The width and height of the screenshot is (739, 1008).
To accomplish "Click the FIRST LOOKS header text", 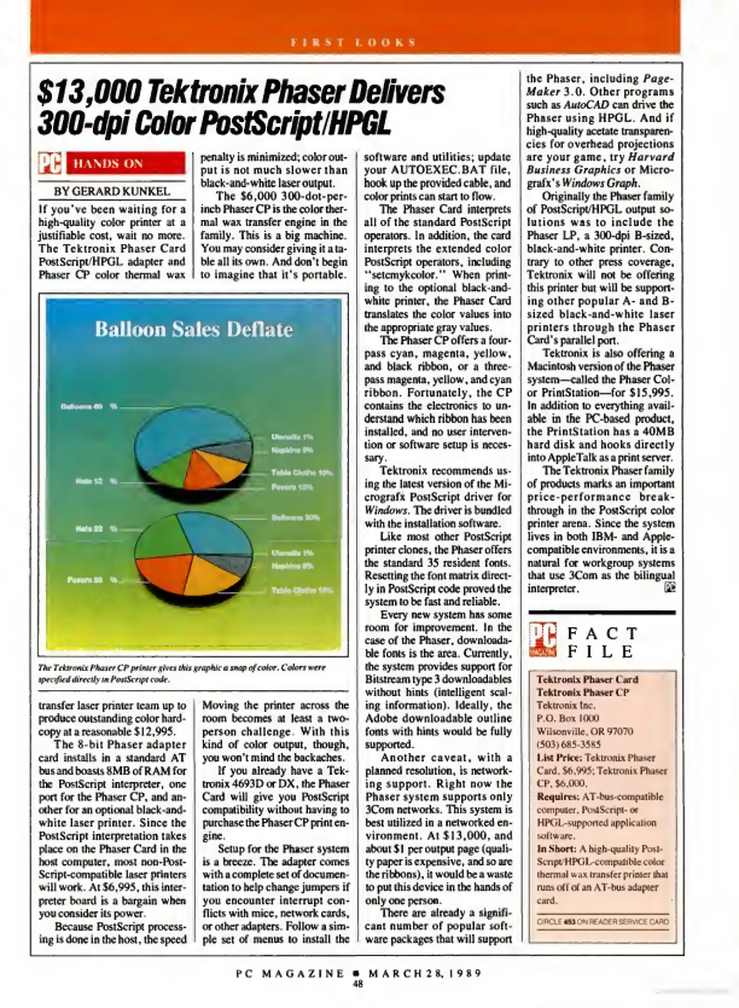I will tap(353, 42).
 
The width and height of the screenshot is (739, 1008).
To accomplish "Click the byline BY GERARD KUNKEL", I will tap(112, 191).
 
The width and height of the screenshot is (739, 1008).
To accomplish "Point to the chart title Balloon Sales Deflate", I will tap(193, 329).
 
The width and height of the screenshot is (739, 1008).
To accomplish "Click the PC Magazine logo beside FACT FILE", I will tap(543, 640).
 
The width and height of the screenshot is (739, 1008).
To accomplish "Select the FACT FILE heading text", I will tap(601, 642).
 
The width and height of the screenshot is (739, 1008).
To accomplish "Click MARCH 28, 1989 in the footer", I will tap(424, 973).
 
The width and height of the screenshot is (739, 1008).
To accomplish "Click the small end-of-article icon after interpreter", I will tap(670, 588).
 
